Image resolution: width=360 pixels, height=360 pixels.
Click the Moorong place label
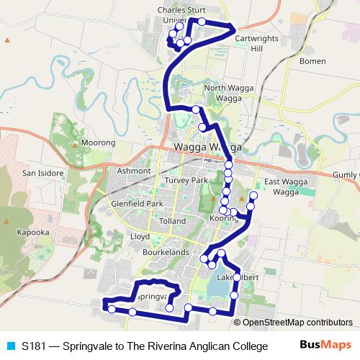coord(99,143)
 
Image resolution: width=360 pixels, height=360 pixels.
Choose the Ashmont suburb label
coord(135,171)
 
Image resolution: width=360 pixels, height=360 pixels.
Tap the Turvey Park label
coord(185,180)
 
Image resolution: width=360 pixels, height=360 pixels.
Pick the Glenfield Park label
coord(138,204)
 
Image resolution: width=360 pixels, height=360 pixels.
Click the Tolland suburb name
coord(172,221)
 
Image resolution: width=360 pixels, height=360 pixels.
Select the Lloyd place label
coord(139,235)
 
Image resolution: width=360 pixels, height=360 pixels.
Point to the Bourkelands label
coord(166,252)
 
